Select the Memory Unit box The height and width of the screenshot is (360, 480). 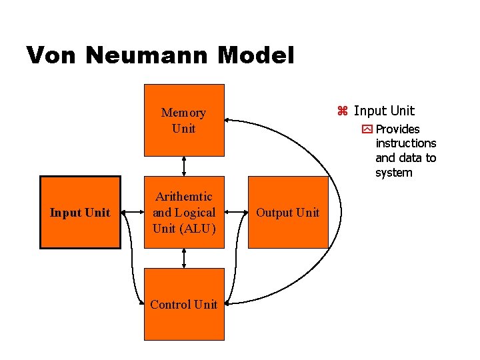184,120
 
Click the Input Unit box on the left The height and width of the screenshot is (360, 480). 80,212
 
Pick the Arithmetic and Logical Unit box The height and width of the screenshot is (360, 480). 184,212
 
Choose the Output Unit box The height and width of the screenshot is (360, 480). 288,212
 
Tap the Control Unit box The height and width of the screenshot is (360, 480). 184,304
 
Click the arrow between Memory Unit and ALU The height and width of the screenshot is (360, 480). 184,166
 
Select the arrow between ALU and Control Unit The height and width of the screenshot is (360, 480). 184,258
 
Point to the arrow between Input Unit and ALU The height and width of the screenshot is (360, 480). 133,213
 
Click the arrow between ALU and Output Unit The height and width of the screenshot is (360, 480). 236,213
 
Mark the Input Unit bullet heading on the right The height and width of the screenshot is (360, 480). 384,111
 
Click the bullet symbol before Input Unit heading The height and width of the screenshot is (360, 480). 343,111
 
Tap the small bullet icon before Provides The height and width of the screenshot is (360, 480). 367,129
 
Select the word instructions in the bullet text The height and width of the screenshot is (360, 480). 405,143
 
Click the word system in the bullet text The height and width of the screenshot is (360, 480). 394,173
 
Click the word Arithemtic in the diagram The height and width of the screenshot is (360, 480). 184,197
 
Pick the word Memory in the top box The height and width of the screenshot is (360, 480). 184,113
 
